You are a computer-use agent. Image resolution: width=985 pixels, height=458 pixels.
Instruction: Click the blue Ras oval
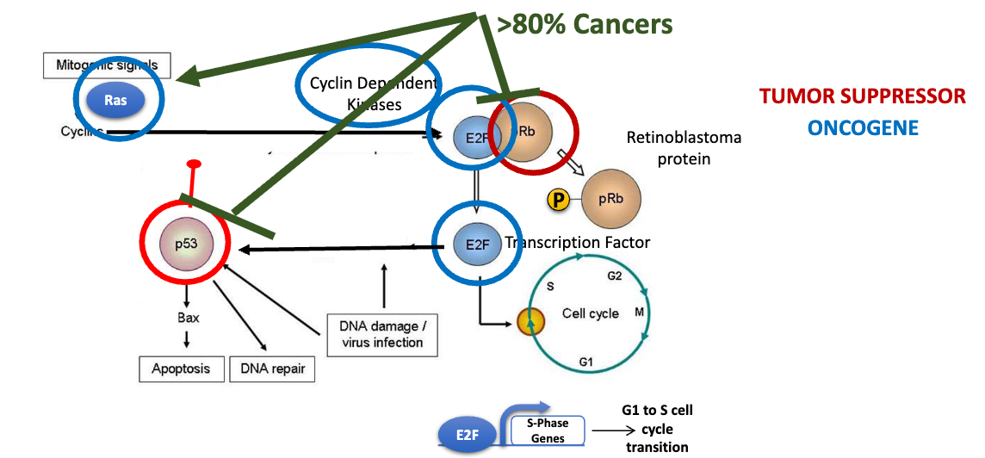pos(115,100)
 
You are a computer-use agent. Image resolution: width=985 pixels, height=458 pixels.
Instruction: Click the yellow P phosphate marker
pos(559,201)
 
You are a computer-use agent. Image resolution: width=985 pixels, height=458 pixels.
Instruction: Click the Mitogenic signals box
pos(107,65)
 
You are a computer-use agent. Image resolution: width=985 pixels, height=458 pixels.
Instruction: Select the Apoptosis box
pos(181,368)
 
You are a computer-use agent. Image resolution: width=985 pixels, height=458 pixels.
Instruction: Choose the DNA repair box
pos(272,368)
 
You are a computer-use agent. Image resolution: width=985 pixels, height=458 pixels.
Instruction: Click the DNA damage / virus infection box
pos(382,335)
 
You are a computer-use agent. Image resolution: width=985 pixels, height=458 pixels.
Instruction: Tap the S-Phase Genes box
pos(548,430)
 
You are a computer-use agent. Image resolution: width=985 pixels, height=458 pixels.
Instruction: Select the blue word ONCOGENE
pos(862,128)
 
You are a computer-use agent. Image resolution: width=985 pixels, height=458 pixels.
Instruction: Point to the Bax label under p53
pos(188,318)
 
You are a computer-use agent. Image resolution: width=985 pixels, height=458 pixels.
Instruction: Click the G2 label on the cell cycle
pos(614,276)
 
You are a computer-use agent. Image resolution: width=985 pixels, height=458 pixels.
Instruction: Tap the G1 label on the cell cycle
pos(585,362)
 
